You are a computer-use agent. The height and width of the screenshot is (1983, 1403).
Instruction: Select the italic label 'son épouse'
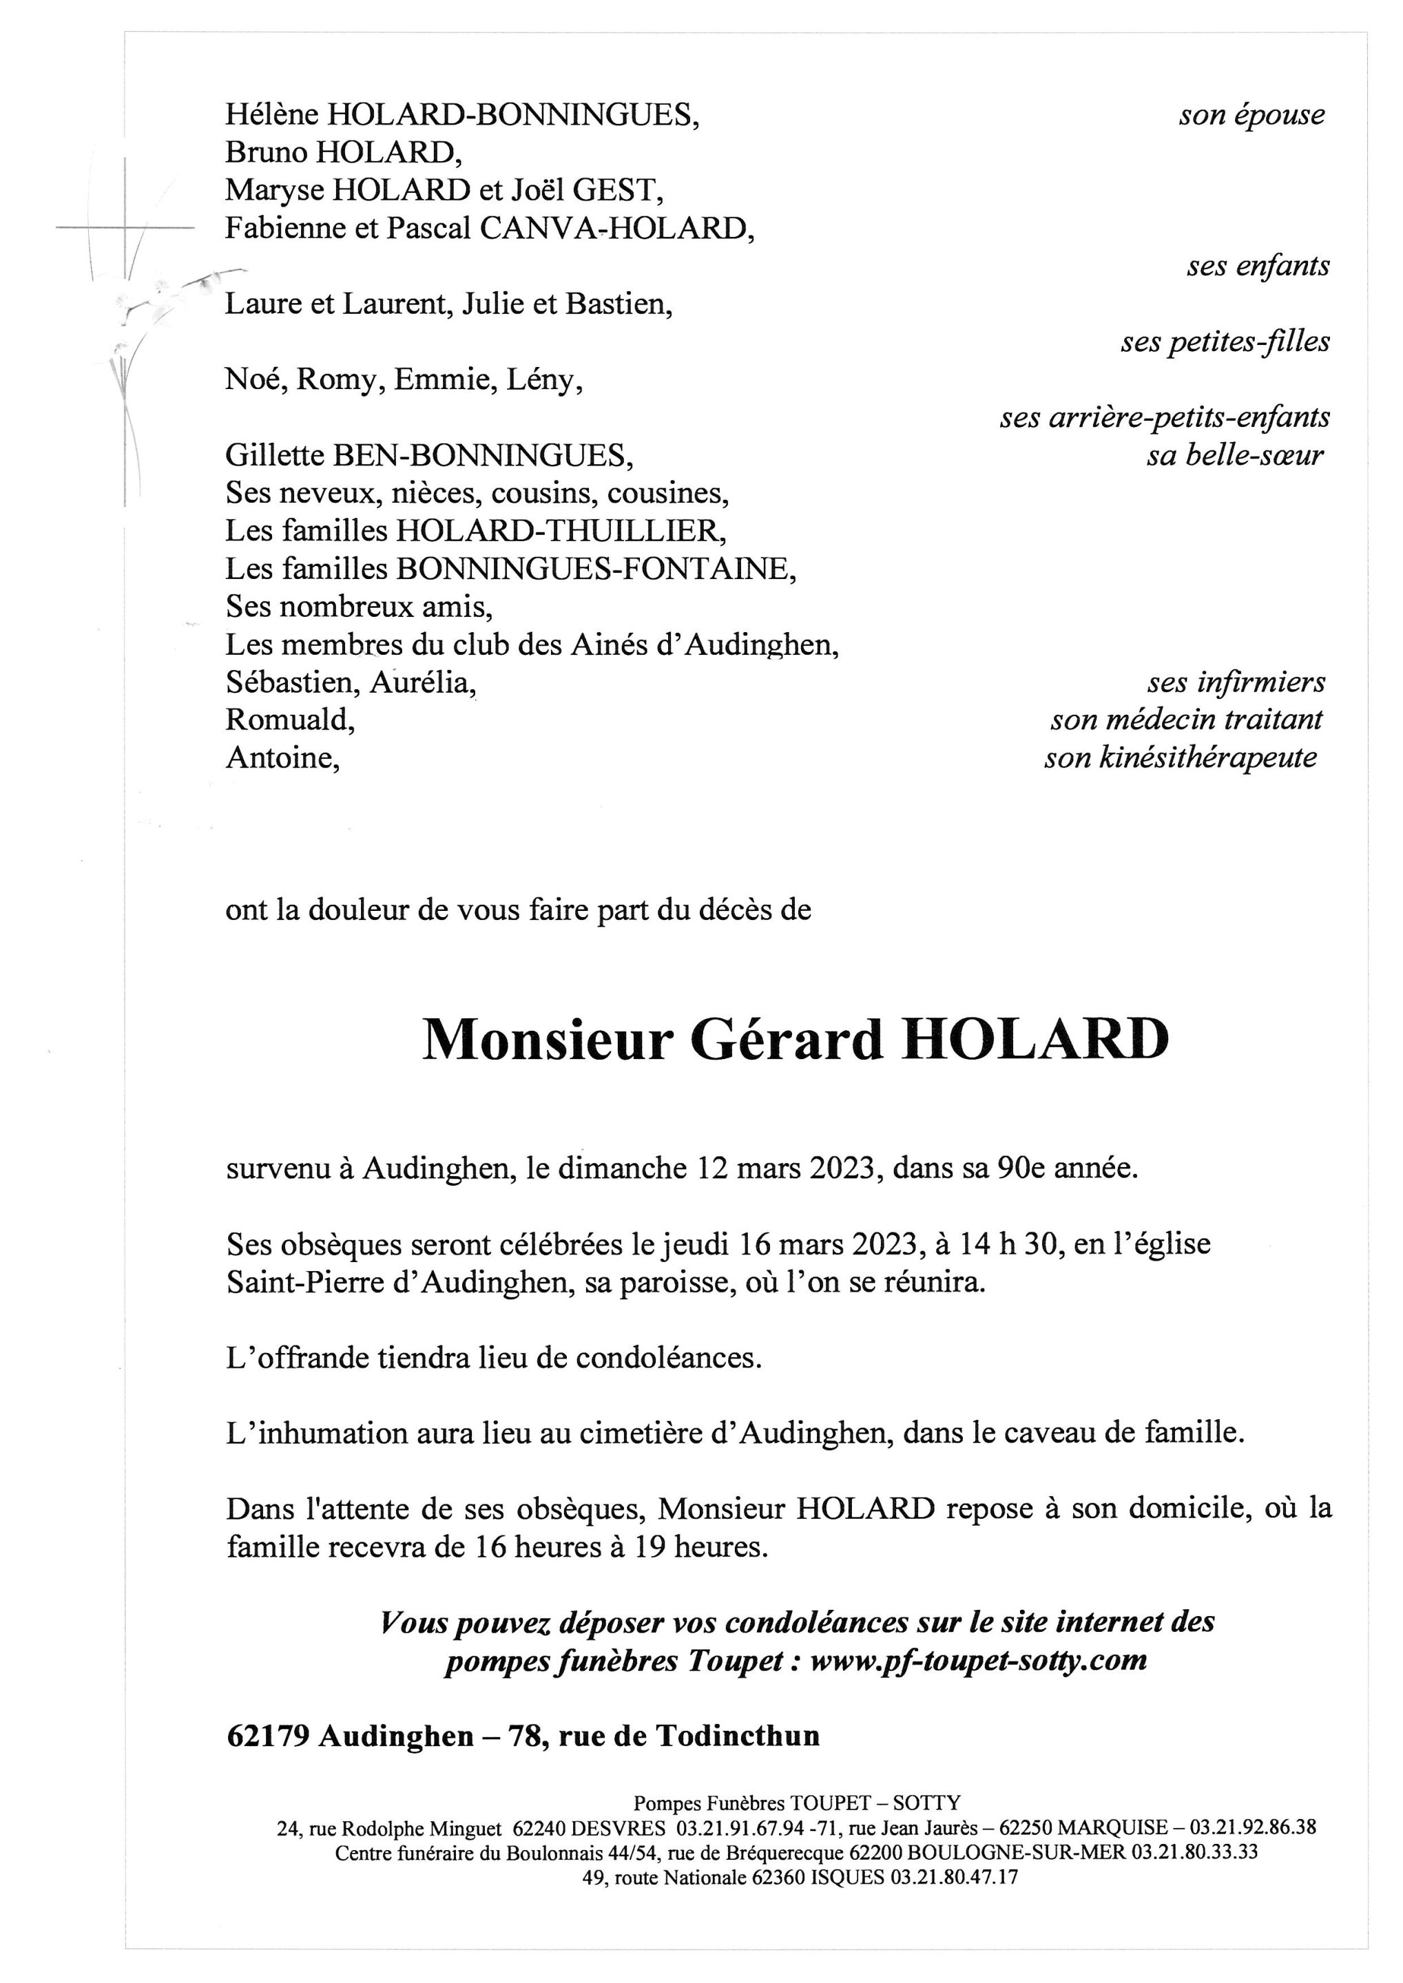[x=1251, y=115]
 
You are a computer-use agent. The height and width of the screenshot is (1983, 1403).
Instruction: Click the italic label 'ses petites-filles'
[x=1225, y=342]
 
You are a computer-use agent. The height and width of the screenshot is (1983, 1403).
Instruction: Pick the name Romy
[x=340, y=380]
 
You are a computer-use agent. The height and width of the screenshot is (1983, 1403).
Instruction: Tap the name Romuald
[x=290, y=720]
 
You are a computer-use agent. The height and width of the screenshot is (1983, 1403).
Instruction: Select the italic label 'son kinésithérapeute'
[x=1180, y=757]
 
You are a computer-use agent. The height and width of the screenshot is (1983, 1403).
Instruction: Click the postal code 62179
[x=268, y=1736]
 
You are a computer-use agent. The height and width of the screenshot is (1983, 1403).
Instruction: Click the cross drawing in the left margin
[x=125, y=228]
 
